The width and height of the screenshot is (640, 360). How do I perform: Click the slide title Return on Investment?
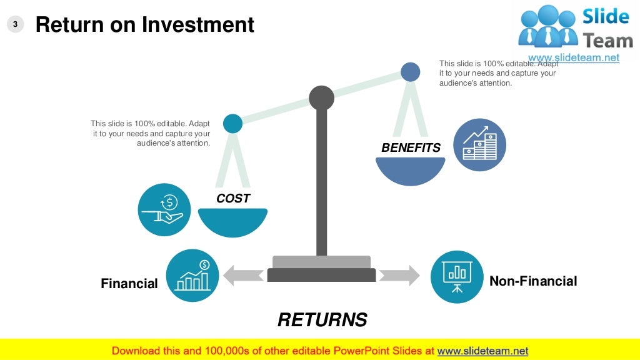point(144,24)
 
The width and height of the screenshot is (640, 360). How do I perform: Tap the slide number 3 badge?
point(16,24)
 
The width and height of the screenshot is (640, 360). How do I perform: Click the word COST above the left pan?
point(233,199)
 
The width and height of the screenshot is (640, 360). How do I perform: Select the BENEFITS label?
point(411,148)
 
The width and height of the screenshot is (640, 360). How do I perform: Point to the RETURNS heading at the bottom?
point(322,320)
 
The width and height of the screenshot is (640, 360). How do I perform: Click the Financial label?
point(129,284)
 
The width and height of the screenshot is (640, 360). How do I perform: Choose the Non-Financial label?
point(533,281)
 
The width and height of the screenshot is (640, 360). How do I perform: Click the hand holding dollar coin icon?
point(164,209)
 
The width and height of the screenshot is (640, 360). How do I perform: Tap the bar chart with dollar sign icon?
point(192,276)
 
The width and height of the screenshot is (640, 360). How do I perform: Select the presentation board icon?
point(457,276)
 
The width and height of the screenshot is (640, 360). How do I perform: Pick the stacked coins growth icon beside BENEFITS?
point(479,144)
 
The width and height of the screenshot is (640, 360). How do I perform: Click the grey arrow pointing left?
point(243,275)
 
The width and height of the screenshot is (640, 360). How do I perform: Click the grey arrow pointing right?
point(399,275)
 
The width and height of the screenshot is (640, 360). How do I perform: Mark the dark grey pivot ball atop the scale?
point(321,98)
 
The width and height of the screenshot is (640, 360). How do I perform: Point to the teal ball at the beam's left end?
point(232,123)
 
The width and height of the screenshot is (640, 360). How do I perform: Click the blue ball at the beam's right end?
point(411,72)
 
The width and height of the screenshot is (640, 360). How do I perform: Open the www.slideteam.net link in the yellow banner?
point(482,351)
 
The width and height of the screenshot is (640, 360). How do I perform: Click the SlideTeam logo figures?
point(547,26)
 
